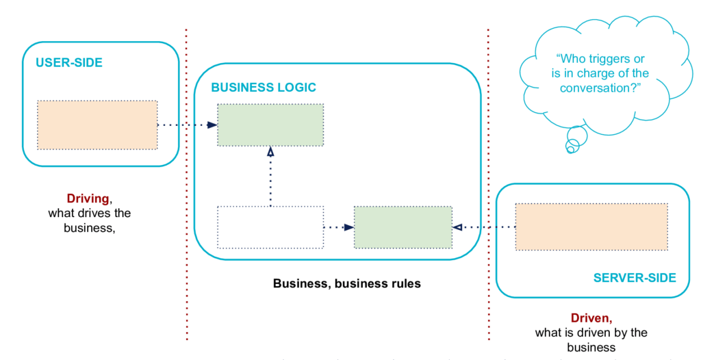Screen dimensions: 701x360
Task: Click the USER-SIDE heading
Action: [x=69, y=62]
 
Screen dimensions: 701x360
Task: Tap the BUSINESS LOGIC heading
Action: [x=264, y=87]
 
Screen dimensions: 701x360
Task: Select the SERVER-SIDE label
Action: [x=635, y=278]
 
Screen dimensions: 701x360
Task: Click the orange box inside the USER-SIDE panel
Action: [x=97, y=125]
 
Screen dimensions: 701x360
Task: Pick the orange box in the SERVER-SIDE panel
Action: [x=591, y=227]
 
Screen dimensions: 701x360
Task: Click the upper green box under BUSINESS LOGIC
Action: [x=270, y=125]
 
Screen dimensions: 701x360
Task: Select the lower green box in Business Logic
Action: [x=403, y=227]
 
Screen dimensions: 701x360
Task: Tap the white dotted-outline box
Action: [x=270, y=227]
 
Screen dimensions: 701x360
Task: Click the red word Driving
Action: [x=88, y=198]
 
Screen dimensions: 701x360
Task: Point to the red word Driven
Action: [x=591, y=318]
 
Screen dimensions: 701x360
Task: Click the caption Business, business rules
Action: [x=347, y=283]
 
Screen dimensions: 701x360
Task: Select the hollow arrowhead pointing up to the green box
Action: [x=270, y=151]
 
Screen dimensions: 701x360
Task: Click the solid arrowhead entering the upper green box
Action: [x=212, y=125]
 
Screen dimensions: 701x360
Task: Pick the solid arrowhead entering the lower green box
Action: [x=349, y=227]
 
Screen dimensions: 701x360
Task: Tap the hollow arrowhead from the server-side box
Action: [x=457, y=227]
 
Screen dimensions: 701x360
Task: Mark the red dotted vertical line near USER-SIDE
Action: [x=186, y=184]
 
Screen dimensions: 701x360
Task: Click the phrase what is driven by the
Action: [x=591, y=333]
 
